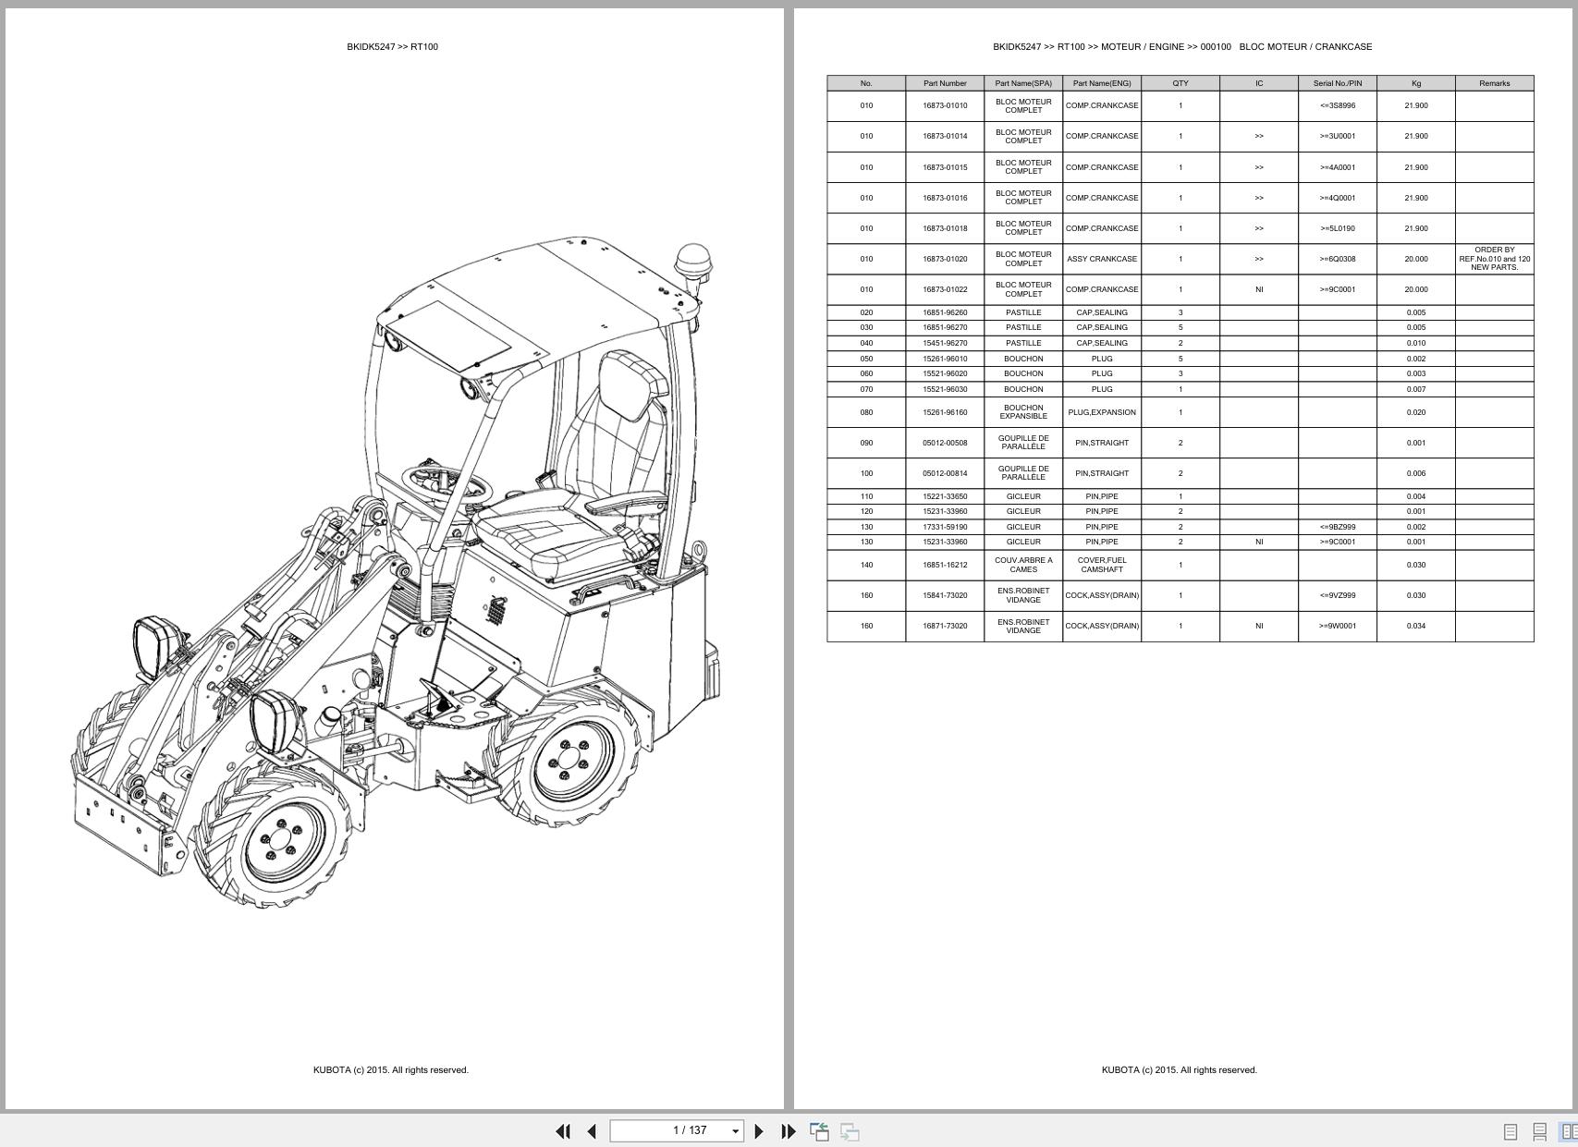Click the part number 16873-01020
point(945,260)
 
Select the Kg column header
point(1416,83)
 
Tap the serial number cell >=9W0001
point(1337,626)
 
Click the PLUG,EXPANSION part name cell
point(1102,412)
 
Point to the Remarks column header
point(1494,83)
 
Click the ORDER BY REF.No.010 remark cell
point(1494,259)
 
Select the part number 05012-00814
point(945,473)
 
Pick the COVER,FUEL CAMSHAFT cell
point(1102,565)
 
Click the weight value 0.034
point(1416,626)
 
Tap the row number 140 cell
point(866,565)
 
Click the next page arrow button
point(759,1130)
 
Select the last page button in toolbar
point(789,1130)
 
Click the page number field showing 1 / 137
point(677,1130)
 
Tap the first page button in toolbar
point(563,1130)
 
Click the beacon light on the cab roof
point(694,264)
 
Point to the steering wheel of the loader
point(446,483)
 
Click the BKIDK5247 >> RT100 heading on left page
point(392,47)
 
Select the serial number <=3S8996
point(1337,105)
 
